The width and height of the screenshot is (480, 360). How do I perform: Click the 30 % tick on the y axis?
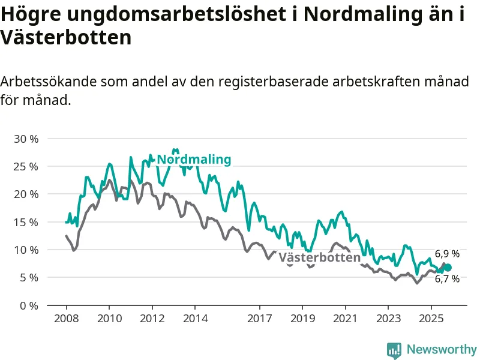[26, 139]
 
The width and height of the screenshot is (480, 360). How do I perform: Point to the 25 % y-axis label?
[26, 166]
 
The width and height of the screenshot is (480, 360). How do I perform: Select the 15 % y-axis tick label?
[26, 222]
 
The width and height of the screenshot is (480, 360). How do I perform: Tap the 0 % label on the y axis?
[28, 305]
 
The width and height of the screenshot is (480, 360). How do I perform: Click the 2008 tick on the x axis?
[65, 317]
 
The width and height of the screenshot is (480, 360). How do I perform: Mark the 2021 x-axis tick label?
[345, 317]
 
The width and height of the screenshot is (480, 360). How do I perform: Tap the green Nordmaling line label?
[194, 160]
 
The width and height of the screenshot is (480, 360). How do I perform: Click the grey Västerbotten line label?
[320, 257]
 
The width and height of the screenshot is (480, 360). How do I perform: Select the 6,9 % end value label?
[447, 254]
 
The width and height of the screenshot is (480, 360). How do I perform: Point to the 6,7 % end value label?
[447, 279]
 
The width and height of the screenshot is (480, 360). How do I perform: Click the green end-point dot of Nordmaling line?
[448, 267]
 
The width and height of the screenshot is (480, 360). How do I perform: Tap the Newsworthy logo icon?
[394, 349]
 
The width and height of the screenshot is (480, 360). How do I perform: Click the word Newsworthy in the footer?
[442, 349]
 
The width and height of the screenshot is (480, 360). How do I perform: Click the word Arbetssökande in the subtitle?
[49, 82]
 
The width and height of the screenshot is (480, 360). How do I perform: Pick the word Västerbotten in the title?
[66, 38]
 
